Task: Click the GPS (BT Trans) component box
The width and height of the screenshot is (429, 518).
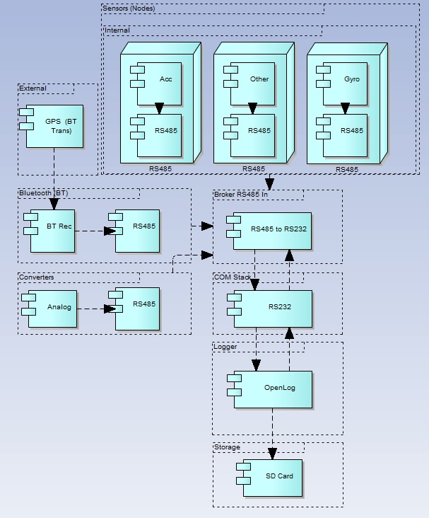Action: (54, 126)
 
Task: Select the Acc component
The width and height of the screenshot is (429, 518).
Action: (159, 79)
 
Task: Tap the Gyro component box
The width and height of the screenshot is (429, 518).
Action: (346, 79)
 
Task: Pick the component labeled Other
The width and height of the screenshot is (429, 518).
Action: (252, 79)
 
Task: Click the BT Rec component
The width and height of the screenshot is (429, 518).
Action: (53, 230)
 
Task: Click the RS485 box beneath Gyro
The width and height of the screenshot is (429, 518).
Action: (346, 131)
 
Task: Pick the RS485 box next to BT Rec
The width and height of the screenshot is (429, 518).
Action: (138, 230)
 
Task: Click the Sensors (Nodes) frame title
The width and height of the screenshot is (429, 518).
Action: (129, 8)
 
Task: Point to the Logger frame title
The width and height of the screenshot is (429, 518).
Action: (226, 347)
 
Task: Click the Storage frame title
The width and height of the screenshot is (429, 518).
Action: (228, 447)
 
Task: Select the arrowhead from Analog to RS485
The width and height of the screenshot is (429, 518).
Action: (110, 308)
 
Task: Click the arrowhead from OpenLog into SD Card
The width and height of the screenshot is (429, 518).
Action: (273, 455)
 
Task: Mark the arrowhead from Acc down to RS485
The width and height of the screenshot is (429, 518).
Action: (159, 109)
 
